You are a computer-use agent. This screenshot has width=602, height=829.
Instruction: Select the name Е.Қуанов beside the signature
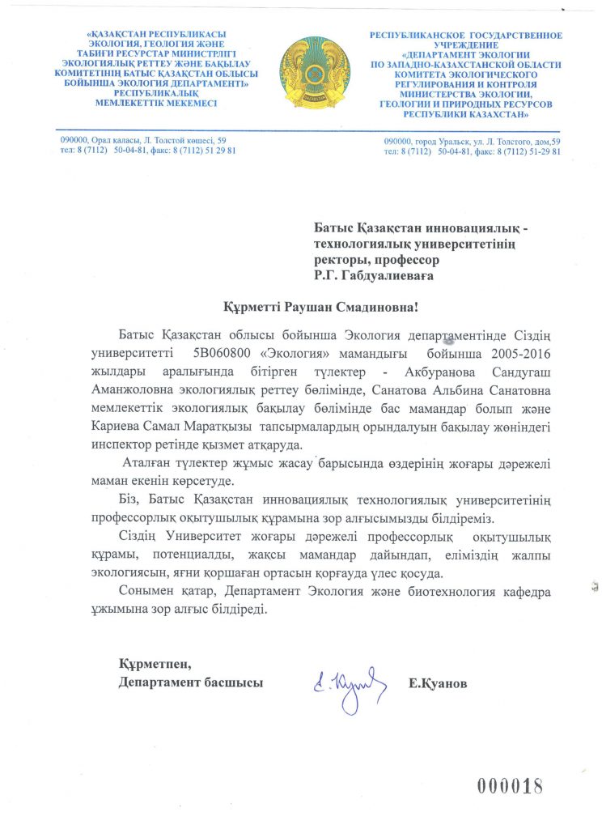pyautogui.click(x=438, y=683)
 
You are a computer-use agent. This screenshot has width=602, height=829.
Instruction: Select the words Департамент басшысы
pyautogui.click(x=190, y=683)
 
